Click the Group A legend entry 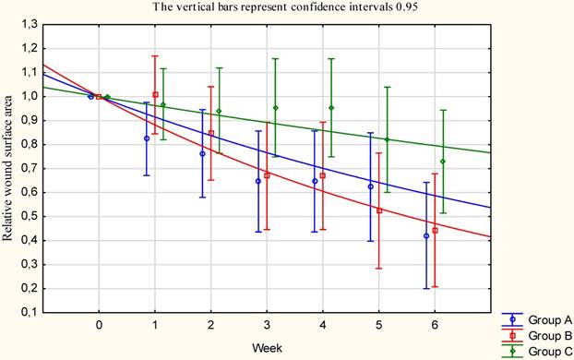click(537, 319)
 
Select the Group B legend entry click(537, 335)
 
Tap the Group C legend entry click(537, 352)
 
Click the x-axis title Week click(267, 348)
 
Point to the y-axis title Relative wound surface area click(7, 168)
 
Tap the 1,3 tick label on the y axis click(30, 25)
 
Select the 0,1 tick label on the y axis click(30, 313)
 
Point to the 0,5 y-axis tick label click(30, 216)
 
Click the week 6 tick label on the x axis click(435, 325)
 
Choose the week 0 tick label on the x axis click(99, 325)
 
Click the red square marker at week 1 click(155, 94)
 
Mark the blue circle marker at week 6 click(426, 236)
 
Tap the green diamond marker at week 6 click(443, 162)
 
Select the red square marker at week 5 click(379, 210)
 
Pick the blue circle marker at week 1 click(147, 138)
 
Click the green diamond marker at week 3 click(275, 108)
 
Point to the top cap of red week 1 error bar click(155, 55)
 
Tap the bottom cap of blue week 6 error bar click(426, 289)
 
